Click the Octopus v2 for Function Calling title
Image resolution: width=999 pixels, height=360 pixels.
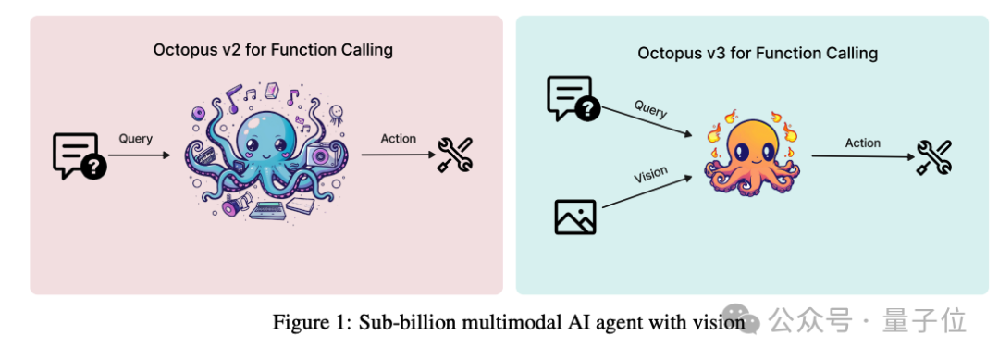tap(273, 50)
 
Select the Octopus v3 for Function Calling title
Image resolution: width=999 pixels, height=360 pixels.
tap(758, 53)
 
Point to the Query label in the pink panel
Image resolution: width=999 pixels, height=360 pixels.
tap(136, 138)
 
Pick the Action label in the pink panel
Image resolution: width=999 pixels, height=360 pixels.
tap(398, 138)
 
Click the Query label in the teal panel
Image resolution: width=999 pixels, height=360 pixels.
tap(650, 109)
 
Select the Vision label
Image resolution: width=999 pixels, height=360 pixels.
tap(650, 174)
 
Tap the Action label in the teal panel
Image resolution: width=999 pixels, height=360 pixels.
tap(863, 143)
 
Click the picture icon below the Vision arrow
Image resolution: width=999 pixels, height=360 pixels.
tap(575, 217)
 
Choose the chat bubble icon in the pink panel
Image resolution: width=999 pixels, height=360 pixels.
tap(79, 156)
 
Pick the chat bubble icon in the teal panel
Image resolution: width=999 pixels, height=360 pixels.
tap(573, 98)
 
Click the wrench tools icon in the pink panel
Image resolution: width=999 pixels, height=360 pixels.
tap(455, 155)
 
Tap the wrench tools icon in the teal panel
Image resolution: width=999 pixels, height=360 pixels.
tap(934, 156)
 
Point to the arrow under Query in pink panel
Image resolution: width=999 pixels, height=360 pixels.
tap(139, 155)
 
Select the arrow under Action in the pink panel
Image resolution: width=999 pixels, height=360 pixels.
tap(398, 155)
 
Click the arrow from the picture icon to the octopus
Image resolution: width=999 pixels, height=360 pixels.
tap(647, 192)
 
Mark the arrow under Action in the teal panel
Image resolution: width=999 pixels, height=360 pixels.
tap(863, 156)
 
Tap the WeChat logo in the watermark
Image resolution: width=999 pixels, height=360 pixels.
tap(745, 319)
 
